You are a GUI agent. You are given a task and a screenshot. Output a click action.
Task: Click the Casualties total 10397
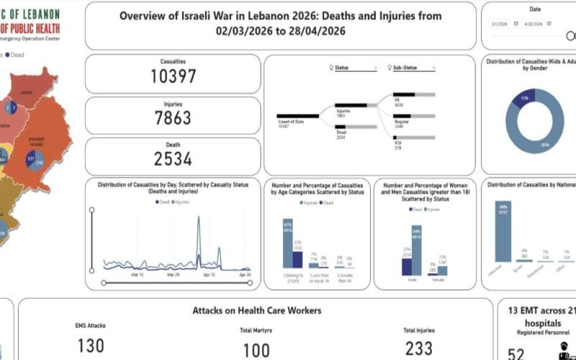click(173, 76)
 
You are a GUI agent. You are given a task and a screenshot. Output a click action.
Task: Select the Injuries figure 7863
click(173, 117)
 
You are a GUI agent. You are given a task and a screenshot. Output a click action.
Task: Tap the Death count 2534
click(173, 158)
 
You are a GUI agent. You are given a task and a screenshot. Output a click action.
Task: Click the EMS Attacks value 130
click(91, 346)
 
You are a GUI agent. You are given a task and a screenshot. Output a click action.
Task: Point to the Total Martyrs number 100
click(256, 350)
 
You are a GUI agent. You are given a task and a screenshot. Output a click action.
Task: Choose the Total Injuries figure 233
click(419, 348)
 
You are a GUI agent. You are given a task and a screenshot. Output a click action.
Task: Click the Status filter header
click(342, 68)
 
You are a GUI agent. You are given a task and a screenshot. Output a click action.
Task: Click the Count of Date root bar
click(297, 115)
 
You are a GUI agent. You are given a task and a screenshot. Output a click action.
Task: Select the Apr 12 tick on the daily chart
click(209, 274)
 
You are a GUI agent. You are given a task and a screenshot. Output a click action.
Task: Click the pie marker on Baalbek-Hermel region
click(34, 160)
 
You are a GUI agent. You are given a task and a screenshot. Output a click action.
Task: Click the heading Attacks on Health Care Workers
click(256, 310)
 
